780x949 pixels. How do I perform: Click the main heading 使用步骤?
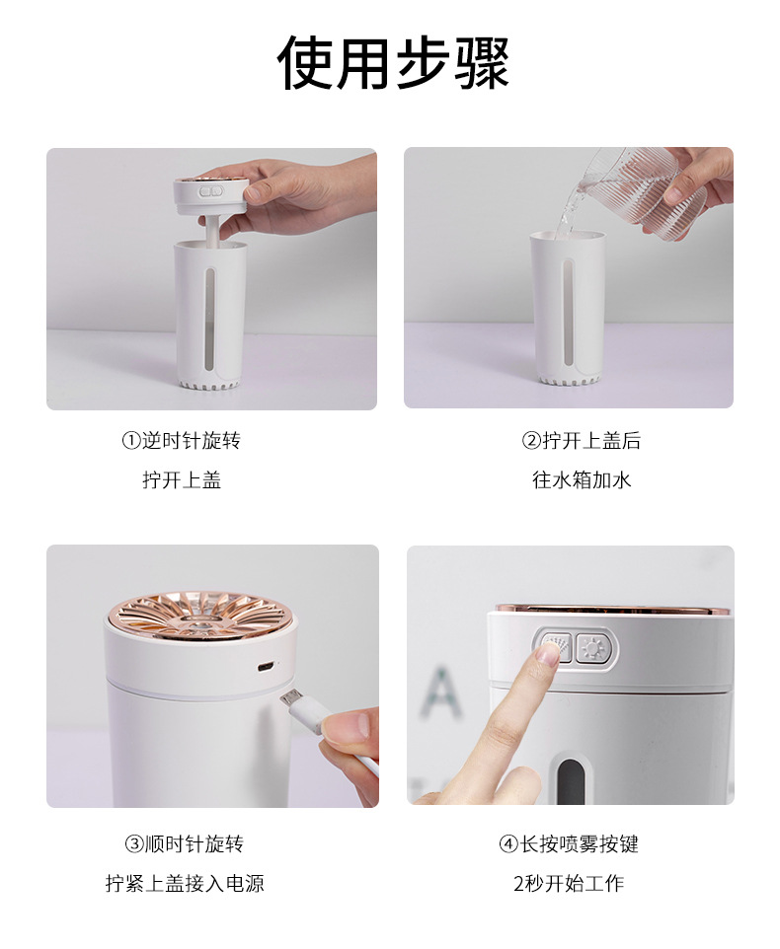click(392, 63)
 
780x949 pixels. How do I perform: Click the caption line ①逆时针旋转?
click(181, 440)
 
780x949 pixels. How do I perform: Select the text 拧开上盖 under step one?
click(181, 479)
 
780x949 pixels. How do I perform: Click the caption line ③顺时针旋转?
click(184, 844)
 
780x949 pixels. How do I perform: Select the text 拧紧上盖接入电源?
click(185, 884)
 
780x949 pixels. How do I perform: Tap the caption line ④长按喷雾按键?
click(568, 844)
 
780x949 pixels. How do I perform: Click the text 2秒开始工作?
click(568, 884)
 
